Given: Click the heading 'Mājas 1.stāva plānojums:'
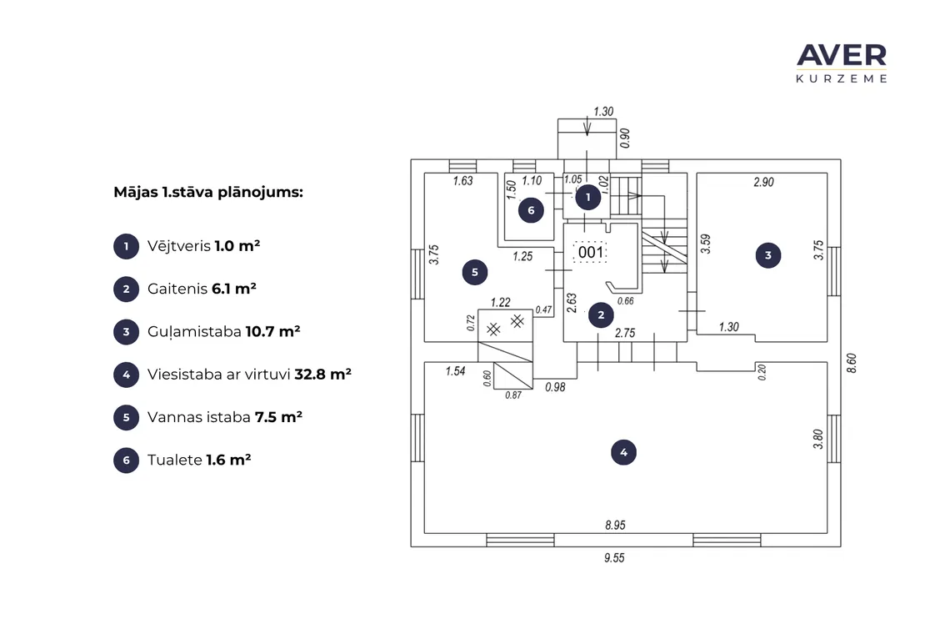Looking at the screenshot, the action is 208,193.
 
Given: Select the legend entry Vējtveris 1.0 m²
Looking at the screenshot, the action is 203,246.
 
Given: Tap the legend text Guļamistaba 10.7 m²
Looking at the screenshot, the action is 223,332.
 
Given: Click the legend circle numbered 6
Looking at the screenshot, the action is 126,460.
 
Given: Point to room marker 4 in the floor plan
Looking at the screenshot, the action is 623,452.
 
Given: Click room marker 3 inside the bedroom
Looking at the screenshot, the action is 768,255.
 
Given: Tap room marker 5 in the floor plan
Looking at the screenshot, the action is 475,273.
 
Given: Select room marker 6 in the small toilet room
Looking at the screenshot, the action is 532,210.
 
